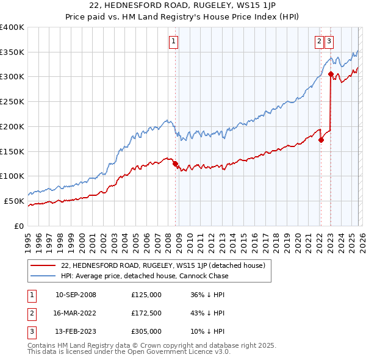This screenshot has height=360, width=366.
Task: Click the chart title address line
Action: (182, 5)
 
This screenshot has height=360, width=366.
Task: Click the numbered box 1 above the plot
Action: (173, 41)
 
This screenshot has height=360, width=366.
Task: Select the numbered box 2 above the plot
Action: (319, 41)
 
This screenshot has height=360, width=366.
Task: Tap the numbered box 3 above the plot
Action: (329, 41)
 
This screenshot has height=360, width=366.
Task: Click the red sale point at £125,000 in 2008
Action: (175, 164)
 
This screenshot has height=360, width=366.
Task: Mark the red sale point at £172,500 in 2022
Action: (321, 140)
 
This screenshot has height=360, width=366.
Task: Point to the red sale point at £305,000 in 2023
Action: (331, 74)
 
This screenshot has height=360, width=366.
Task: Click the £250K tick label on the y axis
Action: (12, 101)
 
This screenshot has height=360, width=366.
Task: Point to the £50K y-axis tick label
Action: (15, 201)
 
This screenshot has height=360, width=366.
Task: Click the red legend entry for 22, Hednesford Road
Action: (162, 265)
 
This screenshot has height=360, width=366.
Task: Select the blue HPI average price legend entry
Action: (144, 276)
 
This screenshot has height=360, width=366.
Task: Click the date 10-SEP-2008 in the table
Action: (76, 295)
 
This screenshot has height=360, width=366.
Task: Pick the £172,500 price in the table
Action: (146, 313)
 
